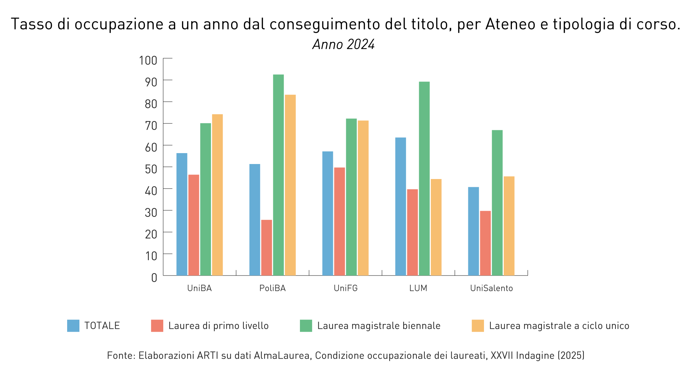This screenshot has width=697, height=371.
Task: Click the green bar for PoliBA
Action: [x=278, y=175]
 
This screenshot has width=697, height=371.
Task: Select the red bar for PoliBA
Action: [x=267, y=248]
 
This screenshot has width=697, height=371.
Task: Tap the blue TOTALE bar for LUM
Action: [x=400, y=206]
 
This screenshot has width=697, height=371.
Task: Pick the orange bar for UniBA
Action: [x=217, y=195]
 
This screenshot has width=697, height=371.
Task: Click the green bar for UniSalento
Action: [x=497, y=203]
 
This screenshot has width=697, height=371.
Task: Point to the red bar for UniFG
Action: [x=339, y=221]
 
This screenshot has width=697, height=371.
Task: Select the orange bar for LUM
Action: [x=436, y=227]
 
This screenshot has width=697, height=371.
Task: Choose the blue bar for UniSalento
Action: [x=473, y=231]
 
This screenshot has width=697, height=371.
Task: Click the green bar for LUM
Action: [x=424, y=178]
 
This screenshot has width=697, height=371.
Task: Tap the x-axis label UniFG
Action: [x=346, y=288]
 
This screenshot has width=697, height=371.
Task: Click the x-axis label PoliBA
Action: [x=272, y=288]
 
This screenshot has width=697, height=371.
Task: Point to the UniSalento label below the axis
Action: [x=491, y=288]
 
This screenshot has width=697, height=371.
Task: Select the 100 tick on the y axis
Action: [x=148, y=61]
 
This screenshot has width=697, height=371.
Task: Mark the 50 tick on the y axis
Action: [x=151, y=169]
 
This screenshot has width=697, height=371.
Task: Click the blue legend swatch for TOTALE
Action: [x=73, y=326]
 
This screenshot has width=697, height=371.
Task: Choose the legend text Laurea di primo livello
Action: [x=218, y=326]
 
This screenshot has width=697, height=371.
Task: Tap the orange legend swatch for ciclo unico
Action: [x=478, y=326]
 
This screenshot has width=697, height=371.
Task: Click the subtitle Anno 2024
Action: [x=344, y=45]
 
